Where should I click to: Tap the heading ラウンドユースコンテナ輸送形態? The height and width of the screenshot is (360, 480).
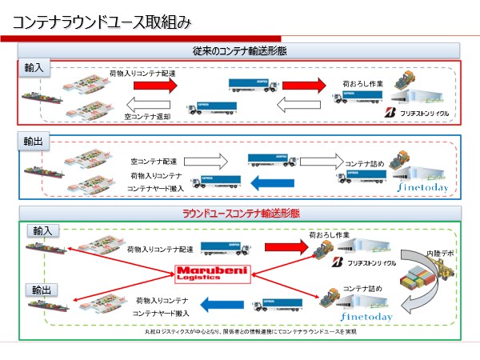tap(240, 213)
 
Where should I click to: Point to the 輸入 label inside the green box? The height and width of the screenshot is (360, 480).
tap(42, 230)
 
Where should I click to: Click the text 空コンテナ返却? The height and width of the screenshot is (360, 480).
tap(149, 116)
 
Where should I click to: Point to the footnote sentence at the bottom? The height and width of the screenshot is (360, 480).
tap(240, 331)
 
